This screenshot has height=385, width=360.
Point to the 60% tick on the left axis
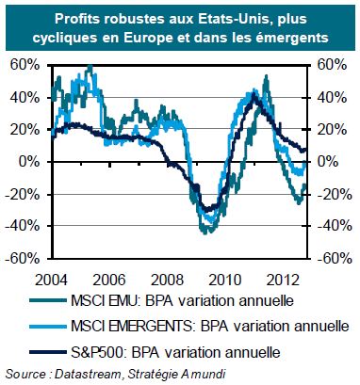point(25,65)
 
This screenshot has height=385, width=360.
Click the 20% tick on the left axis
point(25,130)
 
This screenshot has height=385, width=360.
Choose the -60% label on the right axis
point(334,259)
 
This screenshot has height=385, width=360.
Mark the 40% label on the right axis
point(332,98)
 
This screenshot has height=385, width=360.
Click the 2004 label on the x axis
point(51,280)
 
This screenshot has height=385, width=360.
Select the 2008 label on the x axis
point(167,280)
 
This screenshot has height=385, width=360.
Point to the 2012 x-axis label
point(283,280)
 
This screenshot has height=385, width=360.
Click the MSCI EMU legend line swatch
point(48,300)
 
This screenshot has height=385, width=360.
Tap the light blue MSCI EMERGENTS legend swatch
point(48,327)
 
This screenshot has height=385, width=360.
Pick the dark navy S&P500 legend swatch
point(48,352)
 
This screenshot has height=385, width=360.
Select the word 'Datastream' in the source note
point(88,374)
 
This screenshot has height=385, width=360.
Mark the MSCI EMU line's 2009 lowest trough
point(205,233)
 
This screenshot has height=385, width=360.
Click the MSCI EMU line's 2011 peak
point(267,76)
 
